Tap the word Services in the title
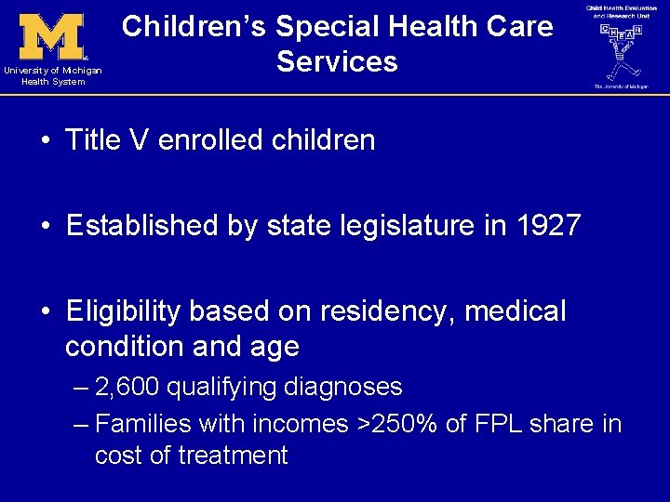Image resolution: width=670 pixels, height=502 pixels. pyautogui.click(x=337, y=62)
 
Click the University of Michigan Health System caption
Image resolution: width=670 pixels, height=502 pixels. pyautogui.click(x=52, y=76)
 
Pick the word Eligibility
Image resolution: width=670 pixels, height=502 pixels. pyautogui.click(x=125, y=311)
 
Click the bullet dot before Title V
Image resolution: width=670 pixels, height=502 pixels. pyautogui.click(x=45, y=141)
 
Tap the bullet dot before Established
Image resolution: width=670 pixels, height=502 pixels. pyautogui.click(x=45, y=227)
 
